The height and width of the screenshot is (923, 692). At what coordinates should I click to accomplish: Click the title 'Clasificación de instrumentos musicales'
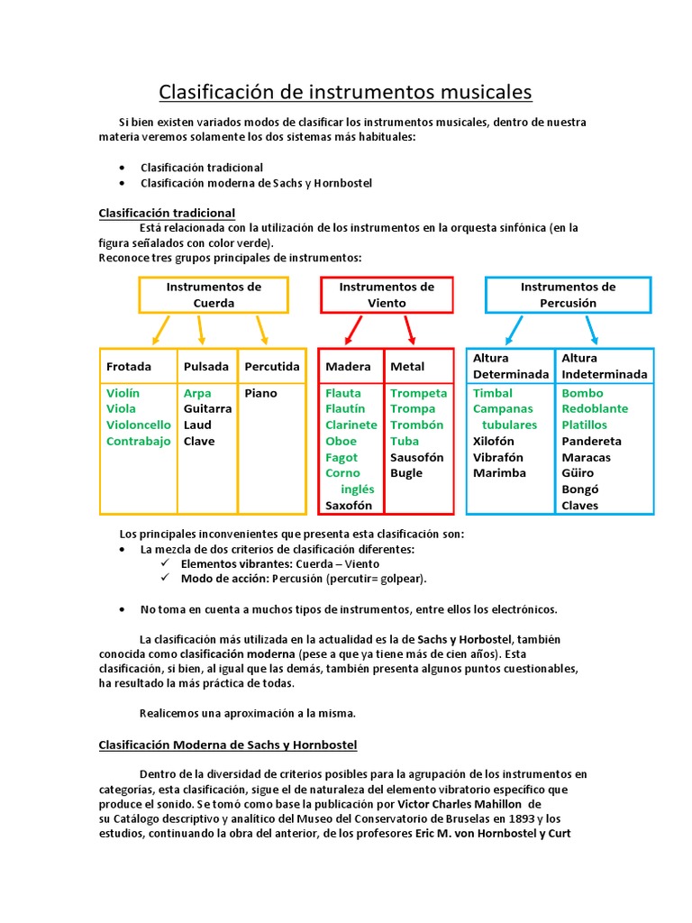click(x=345, y=92)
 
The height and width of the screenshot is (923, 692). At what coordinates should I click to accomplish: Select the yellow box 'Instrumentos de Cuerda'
click(x=214, y=295)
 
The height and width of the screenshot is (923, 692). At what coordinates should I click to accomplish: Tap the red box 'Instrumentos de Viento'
click(x=387, y=295)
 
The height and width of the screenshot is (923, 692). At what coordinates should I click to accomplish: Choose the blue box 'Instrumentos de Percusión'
click(x=568, y=295)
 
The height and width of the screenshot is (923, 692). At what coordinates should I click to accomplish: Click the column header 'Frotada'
click(x=129, y=367)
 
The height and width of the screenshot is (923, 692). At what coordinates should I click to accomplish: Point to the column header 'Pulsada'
click(x=205, y=367)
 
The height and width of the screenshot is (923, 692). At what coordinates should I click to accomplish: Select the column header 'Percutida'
click(x=271, y=367)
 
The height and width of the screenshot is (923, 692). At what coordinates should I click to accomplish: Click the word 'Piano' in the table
click(x=260, y=393)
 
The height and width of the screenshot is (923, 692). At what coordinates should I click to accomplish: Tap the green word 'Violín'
click(x=123, y=393)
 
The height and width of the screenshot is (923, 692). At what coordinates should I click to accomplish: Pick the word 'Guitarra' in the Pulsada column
click(x=207, y=409)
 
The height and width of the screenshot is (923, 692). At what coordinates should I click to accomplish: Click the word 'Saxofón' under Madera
click(x=349, y=506)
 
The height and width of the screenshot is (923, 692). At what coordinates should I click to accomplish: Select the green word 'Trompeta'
click(x=418, y=393)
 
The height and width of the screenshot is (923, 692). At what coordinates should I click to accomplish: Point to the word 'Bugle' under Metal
click(x=406, y=473)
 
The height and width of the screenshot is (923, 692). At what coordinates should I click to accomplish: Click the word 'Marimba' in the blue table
click(x=499, y=473)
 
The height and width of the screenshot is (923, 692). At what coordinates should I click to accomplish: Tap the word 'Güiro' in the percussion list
click(x=578, y=473)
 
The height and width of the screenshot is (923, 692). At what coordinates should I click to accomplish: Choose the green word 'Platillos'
click(x=584, y=425)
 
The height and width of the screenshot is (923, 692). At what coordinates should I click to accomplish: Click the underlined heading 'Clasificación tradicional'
click(x=167, y=213)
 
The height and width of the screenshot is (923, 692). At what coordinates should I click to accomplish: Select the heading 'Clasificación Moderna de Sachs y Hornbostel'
click(x=227, y=745)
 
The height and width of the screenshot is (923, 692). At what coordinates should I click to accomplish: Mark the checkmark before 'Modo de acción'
click(x=164, y=579)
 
